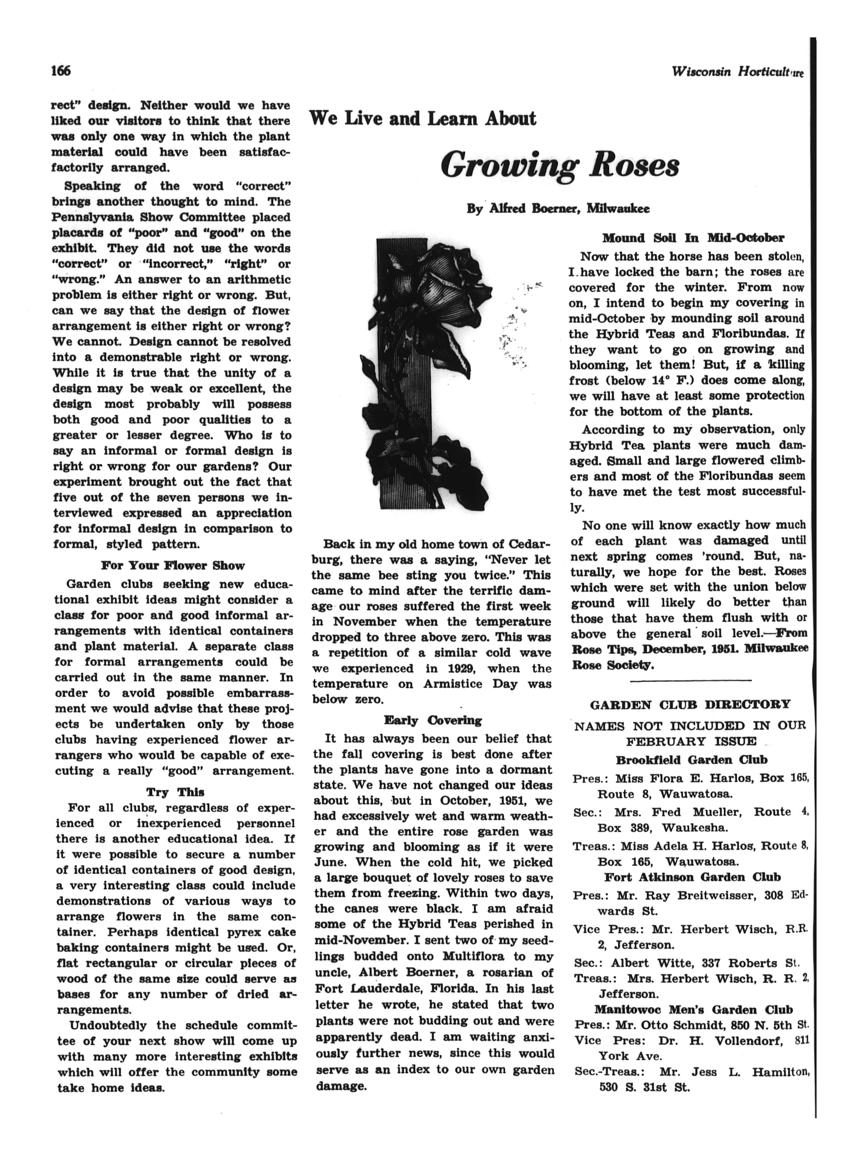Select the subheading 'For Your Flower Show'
[173, 565]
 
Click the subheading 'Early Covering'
[433, 720]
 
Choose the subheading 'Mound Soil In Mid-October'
[693, 238]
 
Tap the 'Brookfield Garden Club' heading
[691, 760]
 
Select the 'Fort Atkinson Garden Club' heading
[692, 877]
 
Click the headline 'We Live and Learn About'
[423, 119]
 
